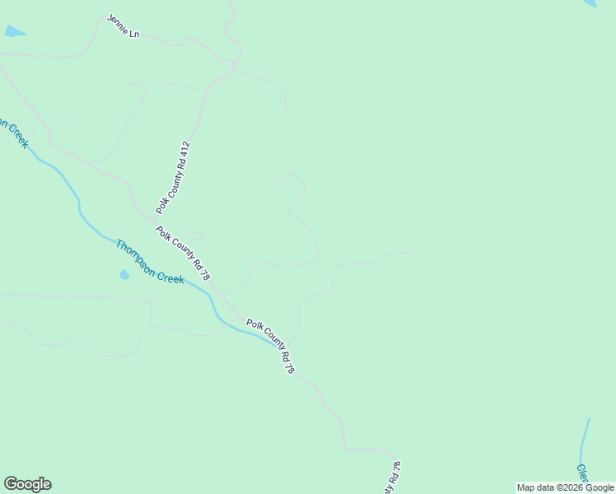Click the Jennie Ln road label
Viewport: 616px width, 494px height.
(124, 26)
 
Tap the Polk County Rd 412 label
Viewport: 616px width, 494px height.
(174, 178)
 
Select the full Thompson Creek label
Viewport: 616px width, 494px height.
(150, 262)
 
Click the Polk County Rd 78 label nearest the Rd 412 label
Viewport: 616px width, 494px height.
(183, 253)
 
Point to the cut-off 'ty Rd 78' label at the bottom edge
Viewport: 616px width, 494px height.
(392, 478)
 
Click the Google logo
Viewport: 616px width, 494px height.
(27, 484)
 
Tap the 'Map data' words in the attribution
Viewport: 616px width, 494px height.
(536, 487)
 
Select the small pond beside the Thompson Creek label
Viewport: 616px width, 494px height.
(124, 275)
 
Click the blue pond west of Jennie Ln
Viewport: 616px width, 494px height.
(14, 32)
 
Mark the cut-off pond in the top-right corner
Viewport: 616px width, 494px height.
(590, 3)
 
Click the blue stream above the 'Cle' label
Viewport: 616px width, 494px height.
(585, 436)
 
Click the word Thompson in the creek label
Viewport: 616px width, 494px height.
(135, 254)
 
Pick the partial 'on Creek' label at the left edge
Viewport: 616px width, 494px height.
(14, 133)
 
